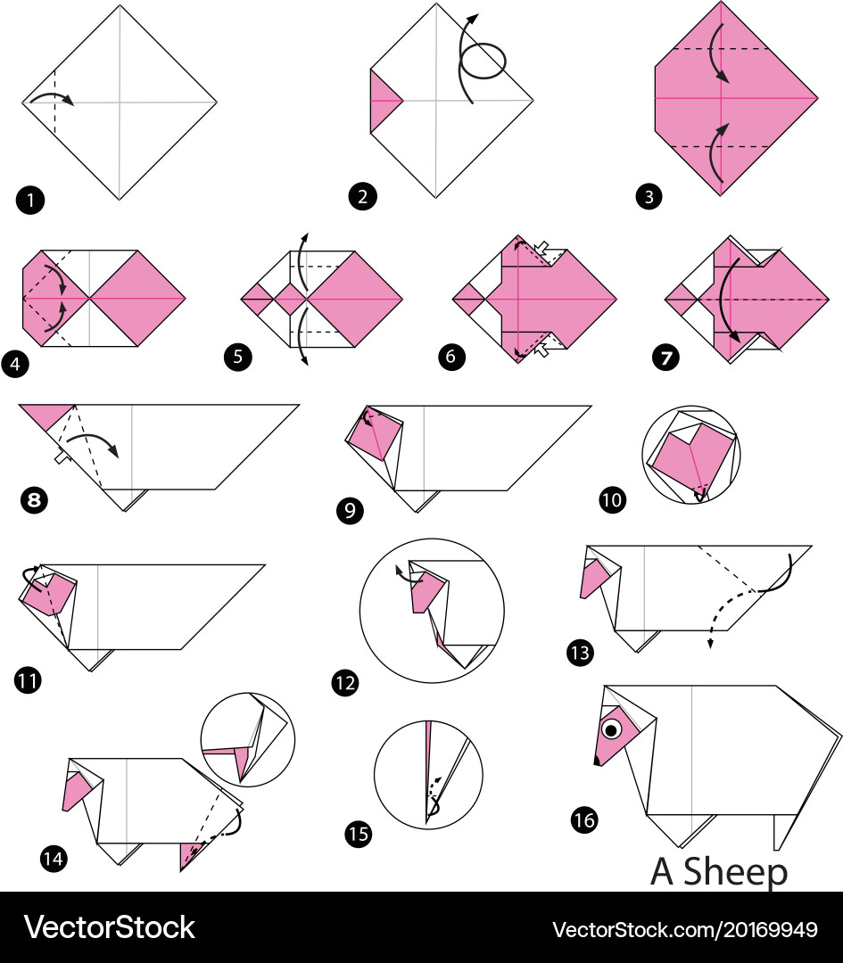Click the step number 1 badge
click(29, 200)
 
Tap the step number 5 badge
click(237, 358)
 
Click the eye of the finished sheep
click(611, 730)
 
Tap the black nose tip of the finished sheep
click(596, 761)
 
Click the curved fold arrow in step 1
click(52, 100)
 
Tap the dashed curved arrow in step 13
click(729, 612)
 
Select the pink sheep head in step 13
click(592, 579)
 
